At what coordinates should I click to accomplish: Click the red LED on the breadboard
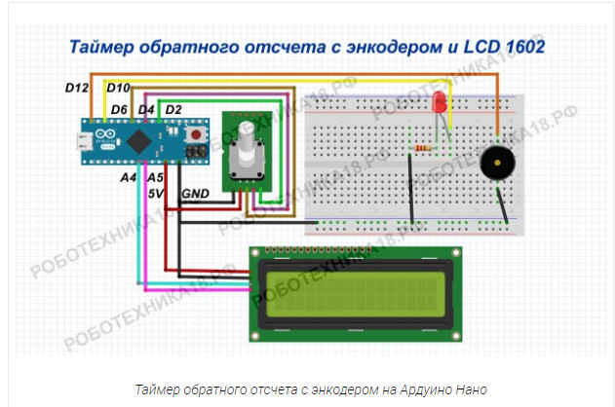440,100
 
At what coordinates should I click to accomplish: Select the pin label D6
120,108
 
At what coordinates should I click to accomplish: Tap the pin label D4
146,108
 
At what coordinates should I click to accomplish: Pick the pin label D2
173,108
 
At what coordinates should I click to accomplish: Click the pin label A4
128,179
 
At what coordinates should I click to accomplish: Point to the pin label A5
154,179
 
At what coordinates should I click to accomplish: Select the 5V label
156,195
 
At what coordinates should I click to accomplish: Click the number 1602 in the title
517,46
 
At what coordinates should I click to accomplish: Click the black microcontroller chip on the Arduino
142,141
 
